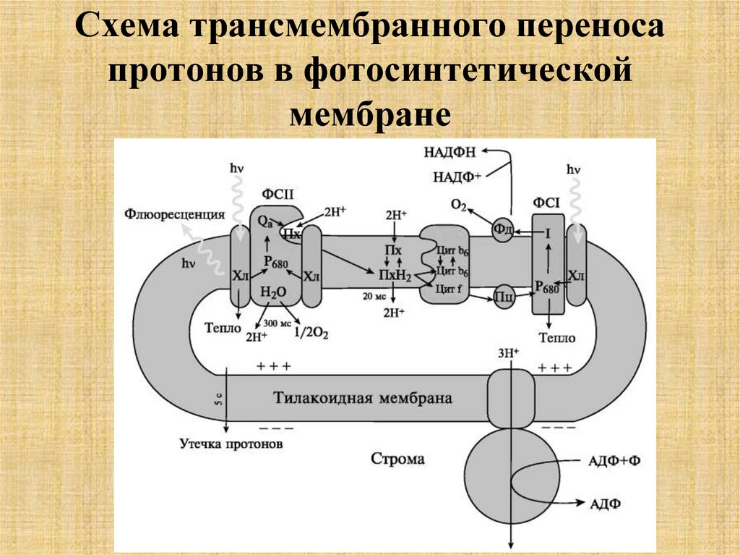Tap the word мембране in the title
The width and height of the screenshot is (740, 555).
(x=370, y=114)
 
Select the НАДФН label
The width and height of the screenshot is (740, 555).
(x=452, y=151)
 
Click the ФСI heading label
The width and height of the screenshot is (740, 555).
(x=546, y=203)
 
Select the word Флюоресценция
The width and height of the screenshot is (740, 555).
(x=173, y=213)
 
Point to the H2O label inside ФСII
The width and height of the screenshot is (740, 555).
(x=272, y=292)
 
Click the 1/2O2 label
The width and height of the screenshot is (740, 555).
(x=311, y=332)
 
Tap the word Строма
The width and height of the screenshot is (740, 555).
(x=397, y=459)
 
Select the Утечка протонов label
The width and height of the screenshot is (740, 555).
(x=231, y=443)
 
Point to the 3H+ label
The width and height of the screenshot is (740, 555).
(x=509, y=353)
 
